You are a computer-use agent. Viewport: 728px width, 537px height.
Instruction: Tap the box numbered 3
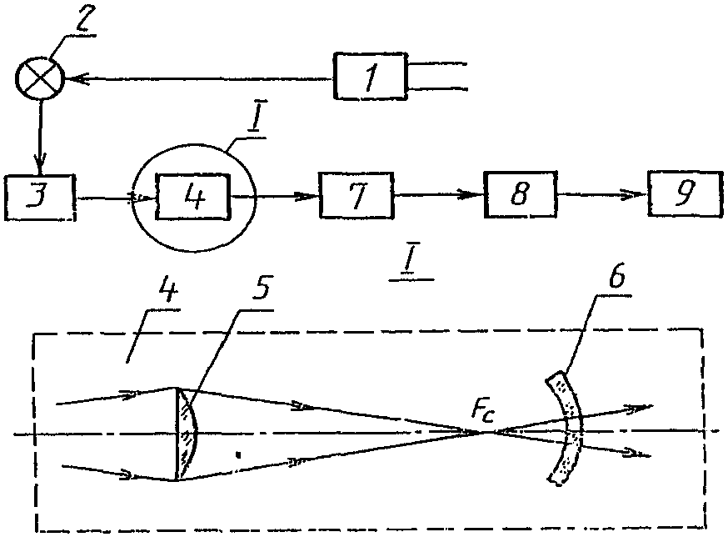[x=40, y=198]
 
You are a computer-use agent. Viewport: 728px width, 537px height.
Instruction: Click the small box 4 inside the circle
[x=194, y=198]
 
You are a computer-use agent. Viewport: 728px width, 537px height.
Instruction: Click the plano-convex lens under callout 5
[x=187, y=434]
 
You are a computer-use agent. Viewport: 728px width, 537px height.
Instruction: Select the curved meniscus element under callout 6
[x=567, y=427]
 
